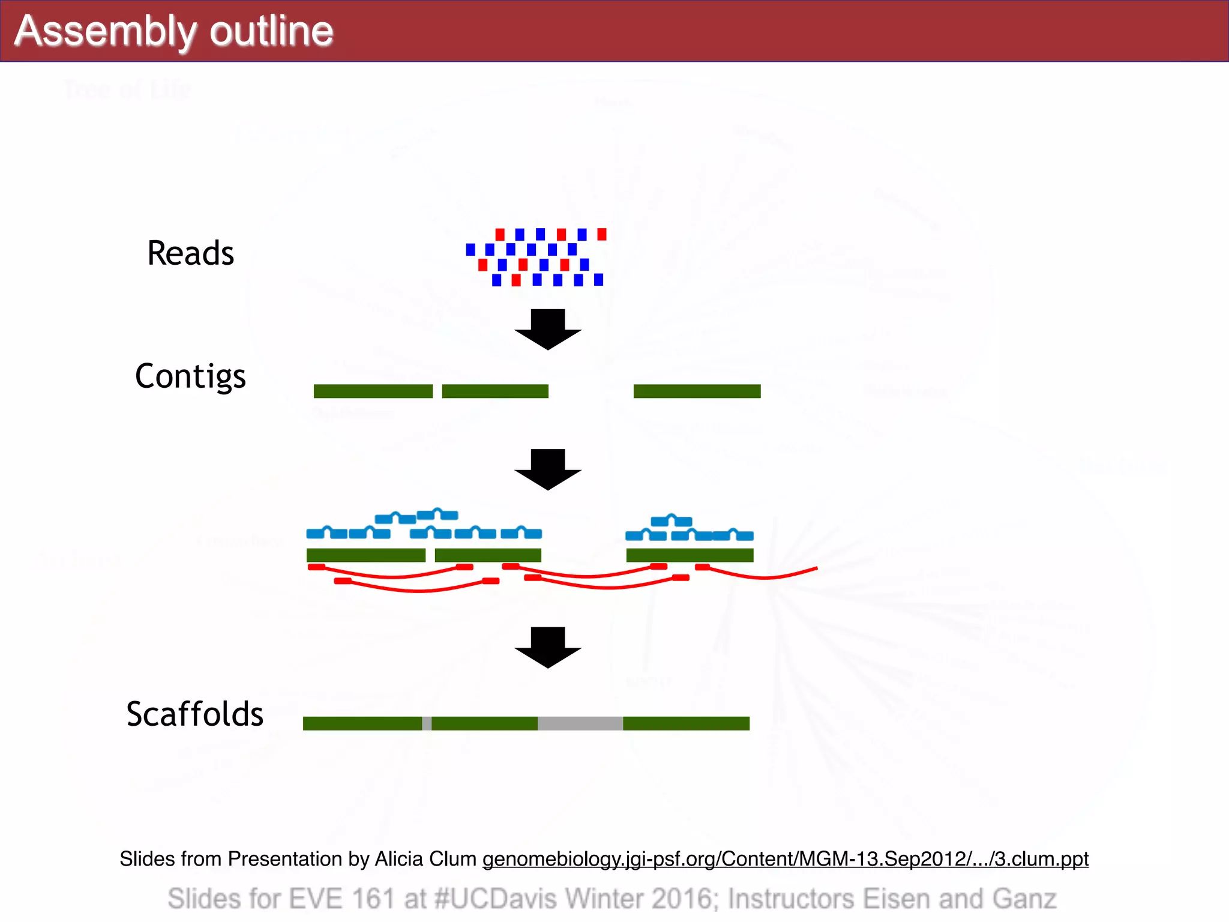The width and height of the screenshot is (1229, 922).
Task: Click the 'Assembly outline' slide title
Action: click(x=173, y=31)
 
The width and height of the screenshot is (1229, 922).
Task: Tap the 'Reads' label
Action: click(x=190, y=253)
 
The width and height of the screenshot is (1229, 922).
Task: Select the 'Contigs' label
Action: click(x=190, y=376)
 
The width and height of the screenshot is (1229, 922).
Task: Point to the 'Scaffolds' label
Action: click(x=194, y=714)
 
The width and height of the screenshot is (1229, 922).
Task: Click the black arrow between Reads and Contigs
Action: click(x=548, y=329)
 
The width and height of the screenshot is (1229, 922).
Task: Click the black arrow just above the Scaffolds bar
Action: click(x=548, y=647)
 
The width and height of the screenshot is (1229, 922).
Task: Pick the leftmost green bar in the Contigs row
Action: click(x=373, y=391)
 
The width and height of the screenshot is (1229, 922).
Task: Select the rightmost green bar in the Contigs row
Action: click(x=697, y=391)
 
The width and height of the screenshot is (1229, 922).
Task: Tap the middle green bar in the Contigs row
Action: click(x=495, y=391)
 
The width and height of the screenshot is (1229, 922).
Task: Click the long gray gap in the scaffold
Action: click(x=580, y=723)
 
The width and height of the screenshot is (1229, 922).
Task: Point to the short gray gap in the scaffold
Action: click(x=427, y=723)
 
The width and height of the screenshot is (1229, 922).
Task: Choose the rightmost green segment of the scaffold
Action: click(x=686, y=723)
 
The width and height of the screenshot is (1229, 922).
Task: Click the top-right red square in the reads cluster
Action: click(x=602, y=234)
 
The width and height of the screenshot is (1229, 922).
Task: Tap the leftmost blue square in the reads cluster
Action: click(x=470, y=249)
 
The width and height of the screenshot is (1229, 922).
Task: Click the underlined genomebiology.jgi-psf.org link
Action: click(x=785, y=858)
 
